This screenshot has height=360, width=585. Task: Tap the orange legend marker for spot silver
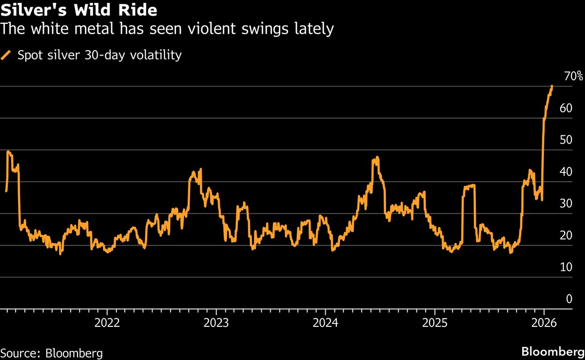coord(6,55)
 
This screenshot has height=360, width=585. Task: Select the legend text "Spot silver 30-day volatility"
coord(99,55)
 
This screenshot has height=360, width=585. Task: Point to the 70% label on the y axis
coord(573,76)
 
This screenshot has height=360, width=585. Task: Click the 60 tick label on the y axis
coord(565,108)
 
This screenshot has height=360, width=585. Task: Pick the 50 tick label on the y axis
coord(565,140)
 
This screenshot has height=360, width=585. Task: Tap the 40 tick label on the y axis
coord(565,172)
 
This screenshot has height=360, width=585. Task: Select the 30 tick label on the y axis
coord(565,204)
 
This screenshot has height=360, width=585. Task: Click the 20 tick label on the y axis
coord(565,235)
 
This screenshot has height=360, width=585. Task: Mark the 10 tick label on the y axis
coord(565,267)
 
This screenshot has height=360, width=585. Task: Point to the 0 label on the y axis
coord(568,299)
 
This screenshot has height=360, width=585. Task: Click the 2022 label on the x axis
coord(107,322)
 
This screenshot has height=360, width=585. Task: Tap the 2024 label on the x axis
coord(325,322)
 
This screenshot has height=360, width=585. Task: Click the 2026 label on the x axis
coord(544,322)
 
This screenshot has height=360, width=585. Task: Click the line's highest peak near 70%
coord(551,86)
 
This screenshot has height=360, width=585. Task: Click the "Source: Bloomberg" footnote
coord(52,352)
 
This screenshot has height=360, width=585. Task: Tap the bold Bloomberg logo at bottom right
coord(553,352)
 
